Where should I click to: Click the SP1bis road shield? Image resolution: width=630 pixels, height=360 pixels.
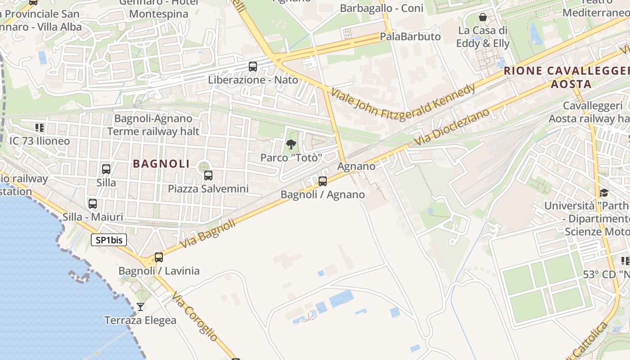click(x=109, y=240)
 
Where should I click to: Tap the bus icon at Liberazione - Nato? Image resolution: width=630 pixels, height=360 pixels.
click(x=253, y=67)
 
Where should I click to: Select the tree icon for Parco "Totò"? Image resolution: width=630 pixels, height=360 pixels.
click(x=291, y=144)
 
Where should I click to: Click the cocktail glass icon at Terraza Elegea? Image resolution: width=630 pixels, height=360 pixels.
click(x=140, y=307)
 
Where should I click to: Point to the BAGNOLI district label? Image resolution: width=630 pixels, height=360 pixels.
click(x=162, y=164)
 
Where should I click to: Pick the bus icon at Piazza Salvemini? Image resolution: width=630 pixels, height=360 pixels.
click(x=208, y=175)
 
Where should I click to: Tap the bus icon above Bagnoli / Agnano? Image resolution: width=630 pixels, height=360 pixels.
click(x=323, y=181)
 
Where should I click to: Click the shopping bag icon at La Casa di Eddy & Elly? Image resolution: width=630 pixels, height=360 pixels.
click(x=483, y=18)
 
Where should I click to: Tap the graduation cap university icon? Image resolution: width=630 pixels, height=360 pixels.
click(x=604, y=193)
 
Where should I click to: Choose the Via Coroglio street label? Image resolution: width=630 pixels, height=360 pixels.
click(x=195, y=316)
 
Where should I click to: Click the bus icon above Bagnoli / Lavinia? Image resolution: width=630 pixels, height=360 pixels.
click(x=159, y=257)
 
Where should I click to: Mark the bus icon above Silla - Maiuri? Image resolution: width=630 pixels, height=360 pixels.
click(x=93, y=204)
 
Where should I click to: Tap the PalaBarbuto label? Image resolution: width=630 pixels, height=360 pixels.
click(x=410, y=36)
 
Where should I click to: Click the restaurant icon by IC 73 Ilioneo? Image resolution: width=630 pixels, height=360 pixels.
click(x=40, y=128)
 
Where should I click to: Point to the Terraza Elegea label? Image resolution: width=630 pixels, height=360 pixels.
click(x=140, y=321)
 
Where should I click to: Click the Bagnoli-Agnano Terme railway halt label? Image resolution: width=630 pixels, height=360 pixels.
click(x=153, y=125)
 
